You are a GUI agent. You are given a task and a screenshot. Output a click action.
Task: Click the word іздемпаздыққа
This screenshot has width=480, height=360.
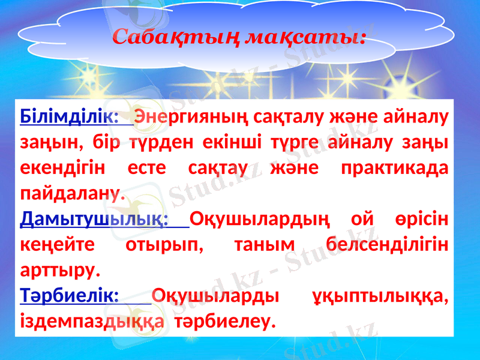point(92,323)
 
